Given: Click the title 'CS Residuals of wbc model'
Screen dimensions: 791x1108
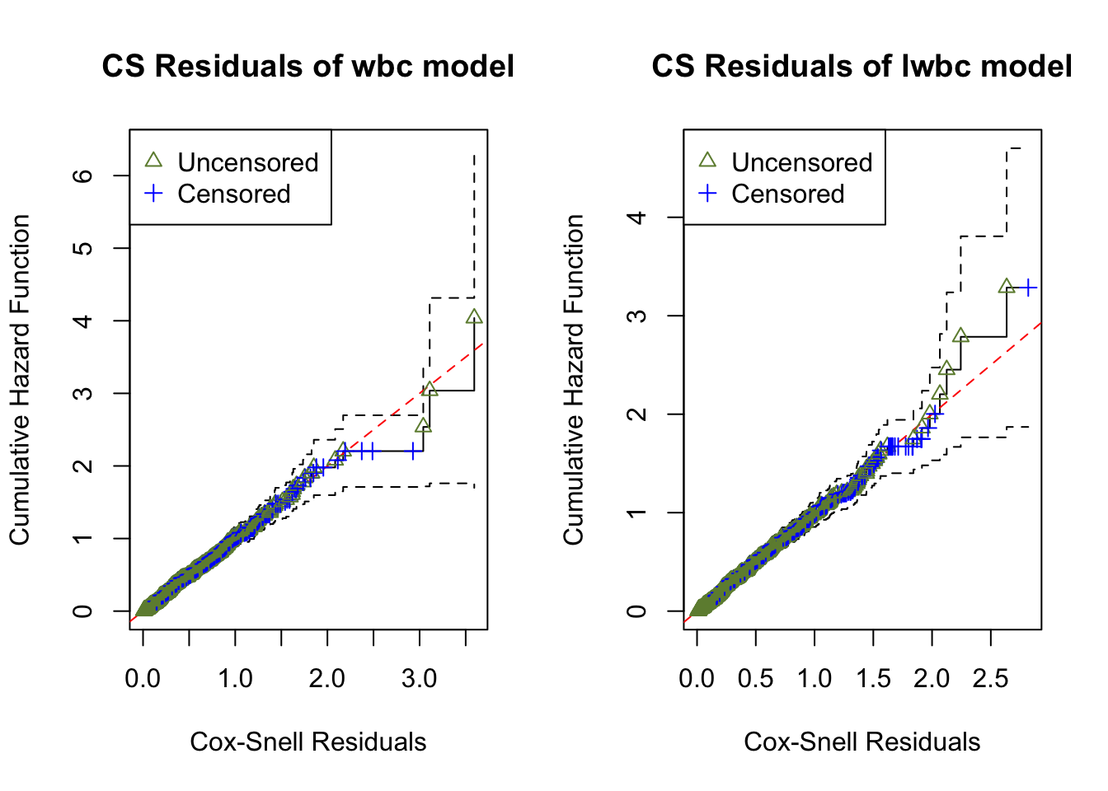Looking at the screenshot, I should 308,66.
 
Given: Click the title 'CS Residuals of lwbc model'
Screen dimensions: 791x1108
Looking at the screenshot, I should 862,66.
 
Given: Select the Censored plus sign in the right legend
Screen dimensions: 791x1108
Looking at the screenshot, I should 707,194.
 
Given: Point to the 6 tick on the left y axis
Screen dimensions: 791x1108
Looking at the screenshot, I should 82,176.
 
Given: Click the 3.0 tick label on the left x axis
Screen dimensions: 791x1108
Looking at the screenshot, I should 420,679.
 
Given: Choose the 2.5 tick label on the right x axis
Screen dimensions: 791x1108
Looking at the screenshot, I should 991,679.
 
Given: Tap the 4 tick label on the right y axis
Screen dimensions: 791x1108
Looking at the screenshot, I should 636,218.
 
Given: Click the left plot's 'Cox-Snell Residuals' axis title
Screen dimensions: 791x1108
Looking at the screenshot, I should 308,742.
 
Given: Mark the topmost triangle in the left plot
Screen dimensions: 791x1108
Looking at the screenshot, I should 474,317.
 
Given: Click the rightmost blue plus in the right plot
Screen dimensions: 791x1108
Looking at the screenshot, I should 1029,288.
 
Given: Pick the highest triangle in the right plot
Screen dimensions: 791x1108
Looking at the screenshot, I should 1007,287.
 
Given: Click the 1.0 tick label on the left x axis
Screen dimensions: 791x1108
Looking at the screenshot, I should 235,679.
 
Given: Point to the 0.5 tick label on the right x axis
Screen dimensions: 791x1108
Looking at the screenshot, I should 756,679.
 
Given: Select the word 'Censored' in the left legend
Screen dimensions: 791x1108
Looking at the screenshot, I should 234,194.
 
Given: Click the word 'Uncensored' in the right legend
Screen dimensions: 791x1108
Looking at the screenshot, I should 801,162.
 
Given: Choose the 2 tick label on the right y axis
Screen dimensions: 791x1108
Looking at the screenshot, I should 636,414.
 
